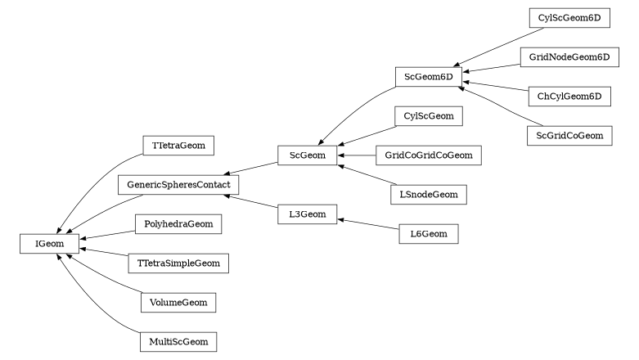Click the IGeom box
[x=49, y=244]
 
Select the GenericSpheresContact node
[x=178, y=185]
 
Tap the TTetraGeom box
[x=178, y=146]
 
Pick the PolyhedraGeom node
[x=178, y=224]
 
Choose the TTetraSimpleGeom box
[x=178, y=263]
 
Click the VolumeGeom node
[x=178, y=303]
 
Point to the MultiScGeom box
[x=178, y=342]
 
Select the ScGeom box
[x=308, y=155]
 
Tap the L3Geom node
[x=308, y=214]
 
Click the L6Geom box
[x=429, y=234]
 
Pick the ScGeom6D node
[x=429, y=77]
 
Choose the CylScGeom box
[x=429, y=116]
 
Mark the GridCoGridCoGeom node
[x=429, y=155]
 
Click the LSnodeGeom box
[x=429, y=195]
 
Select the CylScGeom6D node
[x=569, y=18]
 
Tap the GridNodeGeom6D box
[x=569, y=57]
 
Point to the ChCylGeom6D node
[x=569, y=97]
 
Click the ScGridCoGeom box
[x=569, y=136]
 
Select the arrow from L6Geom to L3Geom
[x=368, y=224]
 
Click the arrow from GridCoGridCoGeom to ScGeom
[x=357, y=155]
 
